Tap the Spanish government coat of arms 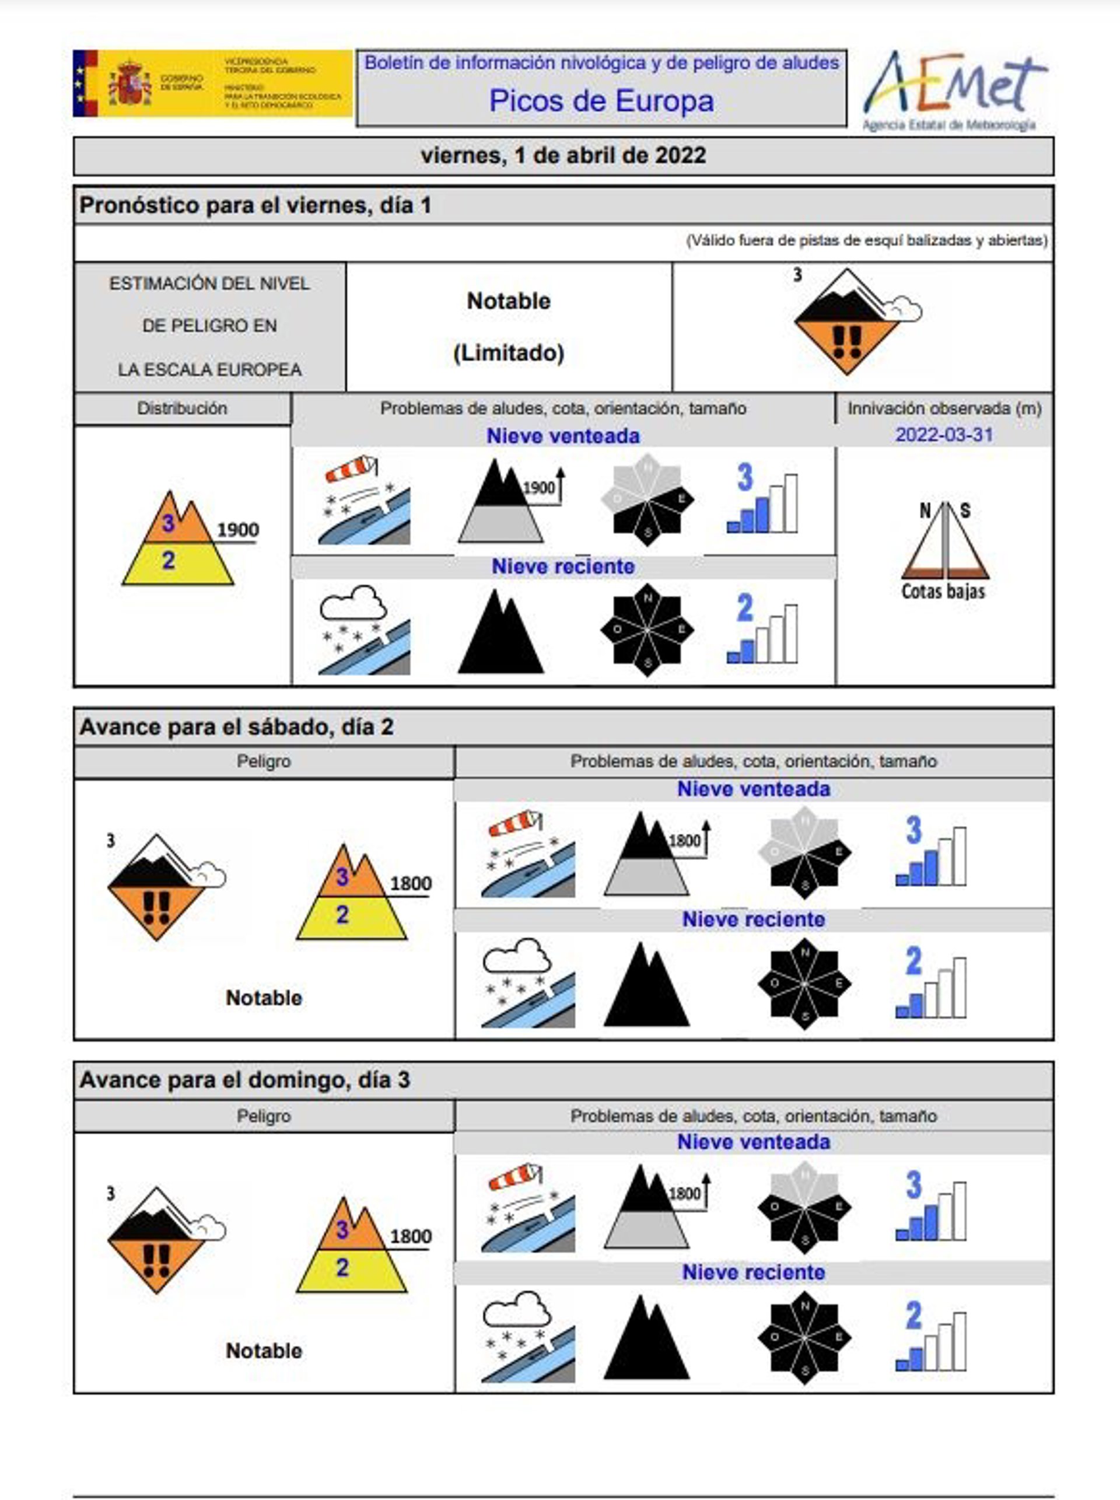129,83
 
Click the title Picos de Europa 601,101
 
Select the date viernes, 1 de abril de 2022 563,155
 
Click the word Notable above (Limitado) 509,301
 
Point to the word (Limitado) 509,352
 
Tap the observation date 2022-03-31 944,435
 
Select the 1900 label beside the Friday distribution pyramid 237,530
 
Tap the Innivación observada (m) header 944,408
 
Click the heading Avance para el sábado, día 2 237,727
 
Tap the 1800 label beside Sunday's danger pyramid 411,1236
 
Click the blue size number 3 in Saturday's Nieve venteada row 914,830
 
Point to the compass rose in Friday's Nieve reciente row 647,630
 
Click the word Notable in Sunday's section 264,1350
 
